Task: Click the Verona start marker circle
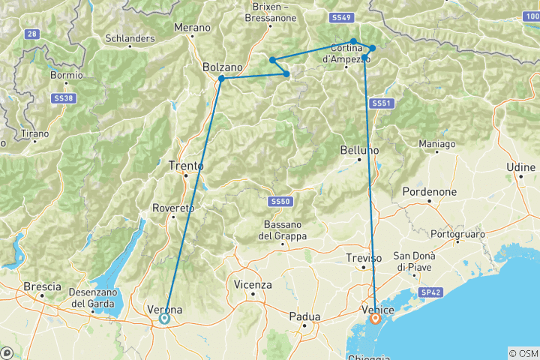[x=164, y=318]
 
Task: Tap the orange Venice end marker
[x=375, y=318]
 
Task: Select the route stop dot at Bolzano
[x=221, y=79]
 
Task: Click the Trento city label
[x=182, y=166]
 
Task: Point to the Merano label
[x=192, y=28]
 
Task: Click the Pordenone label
[x=430, y=191]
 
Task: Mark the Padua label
[x=304, y=316]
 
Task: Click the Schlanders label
[x=130, y=37]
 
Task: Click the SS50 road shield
[x=279, y=202]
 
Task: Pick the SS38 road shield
[x=64, y=98]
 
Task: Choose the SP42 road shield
[x=430, y=291]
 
